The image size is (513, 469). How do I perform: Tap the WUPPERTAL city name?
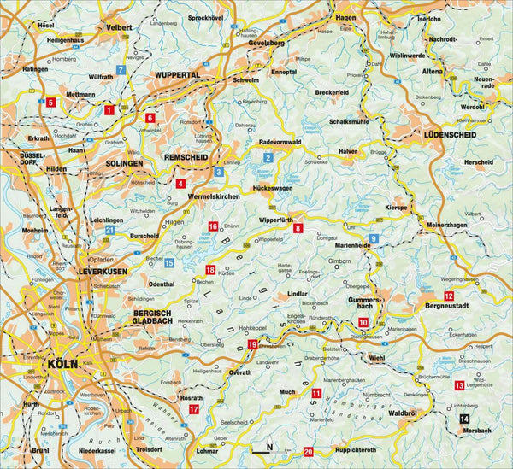coord(177,75)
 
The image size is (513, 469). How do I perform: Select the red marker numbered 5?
coord(50,103)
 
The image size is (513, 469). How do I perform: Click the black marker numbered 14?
coord(463,418)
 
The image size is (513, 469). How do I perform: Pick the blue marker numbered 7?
coord(121,70)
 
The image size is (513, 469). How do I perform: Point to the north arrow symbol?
coord(267,448)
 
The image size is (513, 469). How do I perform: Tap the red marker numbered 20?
coord(309,451)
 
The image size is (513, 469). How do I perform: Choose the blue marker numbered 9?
coord(374,237)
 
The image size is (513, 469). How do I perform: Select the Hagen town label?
coord(345,17)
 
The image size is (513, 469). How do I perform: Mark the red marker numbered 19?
coord(251,344)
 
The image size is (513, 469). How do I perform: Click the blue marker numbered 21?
coord(109,231)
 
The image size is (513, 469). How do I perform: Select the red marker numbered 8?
coord(298,229)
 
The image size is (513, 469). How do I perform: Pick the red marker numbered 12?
coord(425,296)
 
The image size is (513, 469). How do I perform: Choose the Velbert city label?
coord(119,27)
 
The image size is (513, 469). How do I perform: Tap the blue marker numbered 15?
coord(169,263)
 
